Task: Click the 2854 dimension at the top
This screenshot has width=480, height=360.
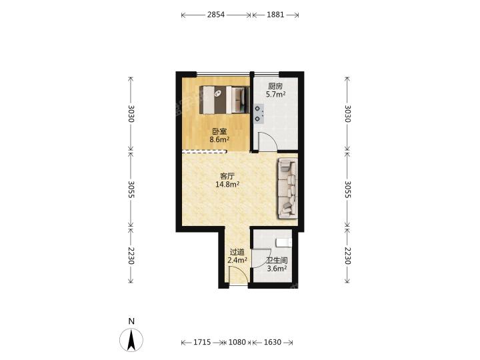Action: pyautogui.click(x=216, y=15)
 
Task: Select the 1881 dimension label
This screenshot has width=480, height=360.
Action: pyautogui.click(x=275, y=15)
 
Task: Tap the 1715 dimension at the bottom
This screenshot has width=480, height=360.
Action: pyautogui.click(x=202, y=342)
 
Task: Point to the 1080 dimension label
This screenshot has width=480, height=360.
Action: pyautogui.click(x=237, y=342)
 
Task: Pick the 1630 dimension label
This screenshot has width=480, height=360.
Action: pyautogui.click(x=273, y=342)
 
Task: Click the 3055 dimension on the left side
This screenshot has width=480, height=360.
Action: pyautogui.click(x=131, y=189)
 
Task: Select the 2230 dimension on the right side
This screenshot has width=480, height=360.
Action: pyautogui.click(x=347, y=255)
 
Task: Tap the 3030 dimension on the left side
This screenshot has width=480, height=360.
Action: pyautogui.click(x=131, y=113)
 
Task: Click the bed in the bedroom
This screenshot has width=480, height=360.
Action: pyautogui.click(x=225, y=100)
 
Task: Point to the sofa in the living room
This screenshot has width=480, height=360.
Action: pyautogui.click(x=287, y=188)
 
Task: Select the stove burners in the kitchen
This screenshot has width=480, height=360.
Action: pyautogui.click(x=259, y=113)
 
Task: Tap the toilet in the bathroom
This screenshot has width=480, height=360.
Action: pyautogui.click(x=283, y=243)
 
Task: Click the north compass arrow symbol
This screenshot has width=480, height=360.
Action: pyautogui.click(x=131, y=340)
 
